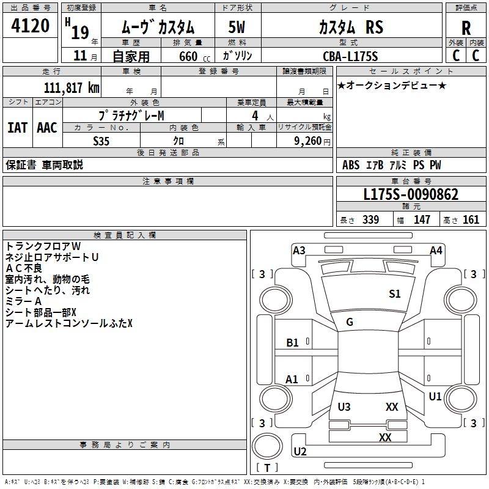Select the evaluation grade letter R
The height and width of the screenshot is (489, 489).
point(466,28)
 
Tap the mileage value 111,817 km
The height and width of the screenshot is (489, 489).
point(72,87)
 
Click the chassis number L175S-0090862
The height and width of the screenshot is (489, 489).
point(410,195)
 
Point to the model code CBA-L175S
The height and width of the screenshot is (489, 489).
point(350,56)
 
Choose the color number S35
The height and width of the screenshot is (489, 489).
point(101,141)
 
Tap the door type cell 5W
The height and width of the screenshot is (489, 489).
point(237,27)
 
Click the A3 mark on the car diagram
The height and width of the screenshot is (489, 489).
point(299,250)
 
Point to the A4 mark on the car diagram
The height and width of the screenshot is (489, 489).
point(436,250)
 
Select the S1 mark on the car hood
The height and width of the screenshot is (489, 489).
point(395,294)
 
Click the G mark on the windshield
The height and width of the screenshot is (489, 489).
point(350,322)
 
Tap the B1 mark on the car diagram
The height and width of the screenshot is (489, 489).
point(293,343)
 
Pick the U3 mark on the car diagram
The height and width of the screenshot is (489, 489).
point(344,407)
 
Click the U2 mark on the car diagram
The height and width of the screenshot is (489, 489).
point(300,452)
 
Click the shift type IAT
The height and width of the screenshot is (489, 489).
point(17,128)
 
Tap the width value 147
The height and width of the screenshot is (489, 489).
point(422,220)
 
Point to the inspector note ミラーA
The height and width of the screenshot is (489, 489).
point(23,301)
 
